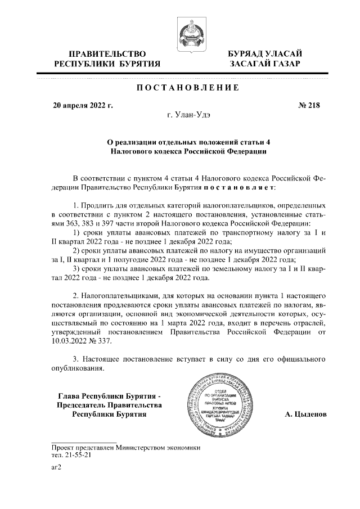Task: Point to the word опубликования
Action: pyautogui.click(x=77, y=368)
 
